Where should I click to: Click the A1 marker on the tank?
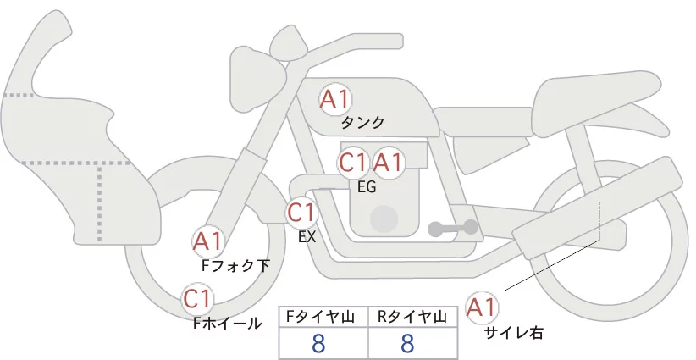point(335,99)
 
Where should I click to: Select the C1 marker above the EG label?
point(353,163)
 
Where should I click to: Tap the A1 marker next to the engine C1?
point(388,163)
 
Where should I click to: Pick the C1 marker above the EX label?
point(301,212)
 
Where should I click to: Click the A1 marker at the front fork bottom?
point(207,241)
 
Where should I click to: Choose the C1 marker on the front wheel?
point(197,299)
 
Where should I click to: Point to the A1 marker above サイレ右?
point(482,307)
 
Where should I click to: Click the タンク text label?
point(362,123)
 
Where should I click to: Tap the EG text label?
point(367,187)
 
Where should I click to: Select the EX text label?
point(307,237)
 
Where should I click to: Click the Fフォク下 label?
point(235,265)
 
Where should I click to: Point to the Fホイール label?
point(227,324)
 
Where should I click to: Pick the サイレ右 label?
point(514,333)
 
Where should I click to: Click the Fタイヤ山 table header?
point(320,317)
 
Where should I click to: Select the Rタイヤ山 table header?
point(412,317)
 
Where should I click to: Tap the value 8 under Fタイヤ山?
point(318,343)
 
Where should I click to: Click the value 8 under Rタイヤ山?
point(407,343)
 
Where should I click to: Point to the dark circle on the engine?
point(384,219)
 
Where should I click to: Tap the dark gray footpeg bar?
point(453,228)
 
